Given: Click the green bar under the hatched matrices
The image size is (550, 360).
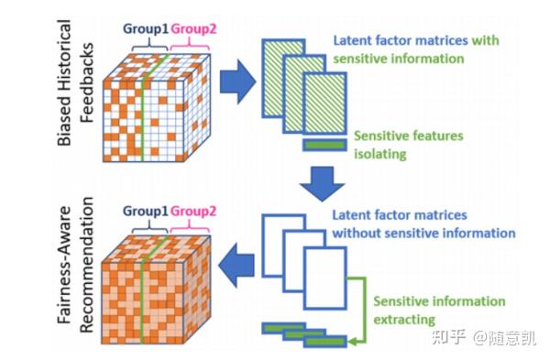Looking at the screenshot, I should coord(329,145).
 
